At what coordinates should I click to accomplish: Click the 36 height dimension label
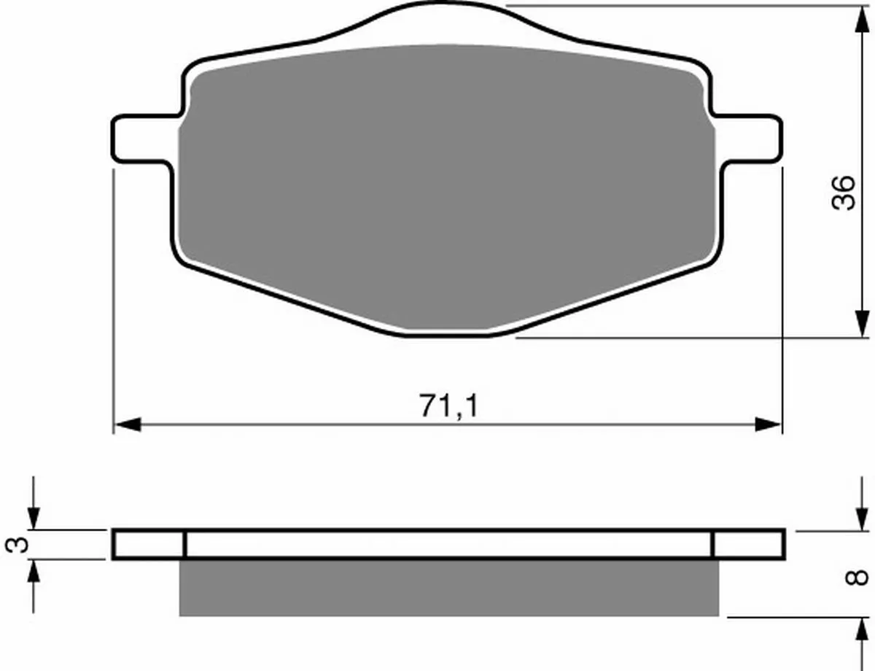(843, 193)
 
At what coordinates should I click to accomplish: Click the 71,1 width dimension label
(449, 406)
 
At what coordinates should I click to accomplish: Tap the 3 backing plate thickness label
(17, 545)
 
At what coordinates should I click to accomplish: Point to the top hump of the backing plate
(443, 16)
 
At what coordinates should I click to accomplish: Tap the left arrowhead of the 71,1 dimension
(128, 424)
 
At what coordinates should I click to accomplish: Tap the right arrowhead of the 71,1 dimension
(768, 424)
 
